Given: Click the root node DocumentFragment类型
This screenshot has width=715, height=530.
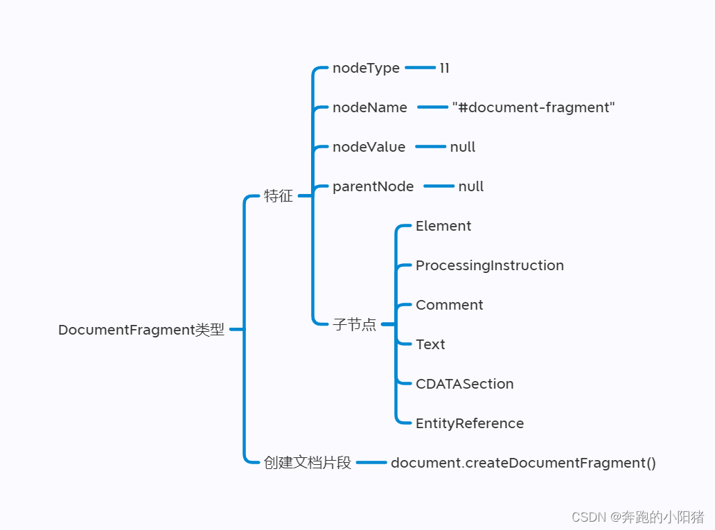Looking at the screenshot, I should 141,330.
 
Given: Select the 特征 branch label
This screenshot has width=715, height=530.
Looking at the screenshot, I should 279,196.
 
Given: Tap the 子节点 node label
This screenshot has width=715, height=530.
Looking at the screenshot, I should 354,324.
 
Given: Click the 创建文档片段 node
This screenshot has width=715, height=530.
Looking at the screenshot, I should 308,463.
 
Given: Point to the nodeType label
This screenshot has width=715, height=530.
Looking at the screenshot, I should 366,68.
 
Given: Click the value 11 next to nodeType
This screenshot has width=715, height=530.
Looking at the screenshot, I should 444,68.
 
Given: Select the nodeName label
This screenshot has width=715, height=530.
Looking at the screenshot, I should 370,107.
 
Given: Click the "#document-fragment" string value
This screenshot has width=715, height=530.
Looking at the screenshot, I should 533,107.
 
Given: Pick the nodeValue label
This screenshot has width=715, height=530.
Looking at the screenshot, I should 369,147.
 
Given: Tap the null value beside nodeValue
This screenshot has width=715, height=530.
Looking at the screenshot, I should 462,147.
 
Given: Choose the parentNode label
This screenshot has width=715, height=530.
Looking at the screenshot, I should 373,186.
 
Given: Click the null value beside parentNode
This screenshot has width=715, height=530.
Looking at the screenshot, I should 470,186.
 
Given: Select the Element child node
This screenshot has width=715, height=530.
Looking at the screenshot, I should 443,226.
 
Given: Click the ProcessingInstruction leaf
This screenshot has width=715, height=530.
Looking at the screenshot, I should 489,265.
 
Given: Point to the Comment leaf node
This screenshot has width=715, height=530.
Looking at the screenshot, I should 449,305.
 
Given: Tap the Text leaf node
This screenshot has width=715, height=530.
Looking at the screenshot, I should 430,344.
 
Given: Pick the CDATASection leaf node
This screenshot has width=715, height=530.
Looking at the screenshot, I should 464,384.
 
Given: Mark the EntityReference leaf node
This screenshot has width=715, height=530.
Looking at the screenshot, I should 469,423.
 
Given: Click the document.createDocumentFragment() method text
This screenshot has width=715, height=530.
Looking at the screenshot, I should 523,463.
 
